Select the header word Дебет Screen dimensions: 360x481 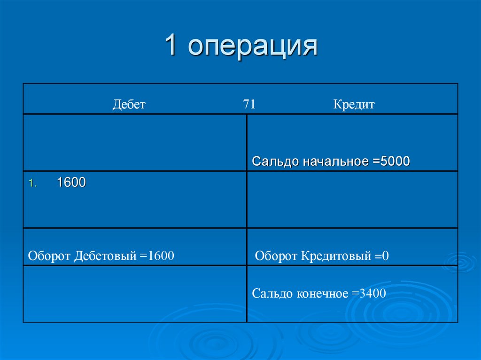click(129, 105)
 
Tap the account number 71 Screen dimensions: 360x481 click(249, 104)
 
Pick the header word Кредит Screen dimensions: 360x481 click(354, 105)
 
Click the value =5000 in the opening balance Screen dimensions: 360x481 click(392, 161)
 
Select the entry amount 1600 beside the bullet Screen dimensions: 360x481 click(71, 183)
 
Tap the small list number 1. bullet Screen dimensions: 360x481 click(31, 184)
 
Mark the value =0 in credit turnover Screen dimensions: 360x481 click(382, 256)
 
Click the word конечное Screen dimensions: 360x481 click(322, 294)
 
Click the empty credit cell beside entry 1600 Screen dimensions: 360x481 click(352, 199)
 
